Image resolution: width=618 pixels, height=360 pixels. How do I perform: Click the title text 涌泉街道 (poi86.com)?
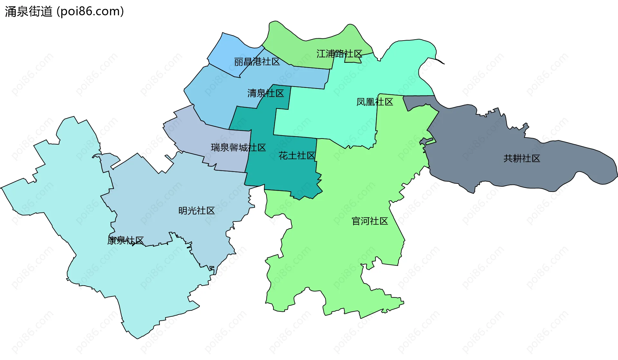(64, 12)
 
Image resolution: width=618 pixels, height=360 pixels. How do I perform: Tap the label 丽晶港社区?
(257, 62)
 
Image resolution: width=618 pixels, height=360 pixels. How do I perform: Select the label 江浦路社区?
(339, 54)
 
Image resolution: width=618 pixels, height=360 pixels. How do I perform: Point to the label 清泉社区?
(266, 93)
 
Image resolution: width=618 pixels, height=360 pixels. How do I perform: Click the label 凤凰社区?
(375, 102)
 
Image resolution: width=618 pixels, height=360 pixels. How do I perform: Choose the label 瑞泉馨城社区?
(238, 147)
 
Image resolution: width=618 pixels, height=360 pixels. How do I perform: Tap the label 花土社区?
(297, 156)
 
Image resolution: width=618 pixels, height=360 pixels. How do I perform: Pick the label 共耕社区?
(522, 158)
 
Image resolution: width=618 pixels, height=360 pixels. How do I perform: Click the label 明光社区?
(196, 211)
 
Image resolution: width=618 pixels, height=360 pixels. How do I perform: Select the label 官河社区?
(370, 221)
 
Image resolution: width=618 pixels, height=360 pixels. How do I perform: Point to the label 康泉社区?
(126, 241)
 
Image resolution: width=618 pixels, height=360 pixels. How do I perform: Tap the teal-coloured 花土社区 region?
(283, 174)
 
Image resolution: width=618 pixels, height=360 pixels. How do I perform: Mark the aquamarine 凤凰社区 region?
(322, 116)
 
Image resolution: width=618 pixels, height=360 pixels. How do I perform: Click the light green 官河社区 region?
(338, 258)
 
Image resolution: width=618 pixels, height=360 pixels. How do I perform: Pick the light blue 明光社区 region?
(161, 200)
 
